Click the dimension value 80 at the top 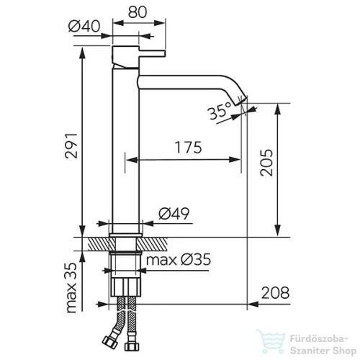pyautogui.click(x=137, y=12)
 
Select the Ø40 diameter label pyautogui.click(x=84, y=26)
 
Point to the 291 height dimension pyautogui.click(x=71, y=145)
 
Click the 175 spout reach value pyautogui.click(x=189, y=148)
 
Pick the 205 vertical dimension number pyautogui.click(x=266, y=163)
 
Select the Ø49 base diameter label pyautogui.click(x=174, y=213)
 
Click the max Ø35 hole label pyautogui.click(x=179, y=260)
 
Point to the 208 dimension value pyautogui.click(x=275, y=293)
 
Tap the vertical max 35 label pyautogui.click(x=71, y=288)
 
